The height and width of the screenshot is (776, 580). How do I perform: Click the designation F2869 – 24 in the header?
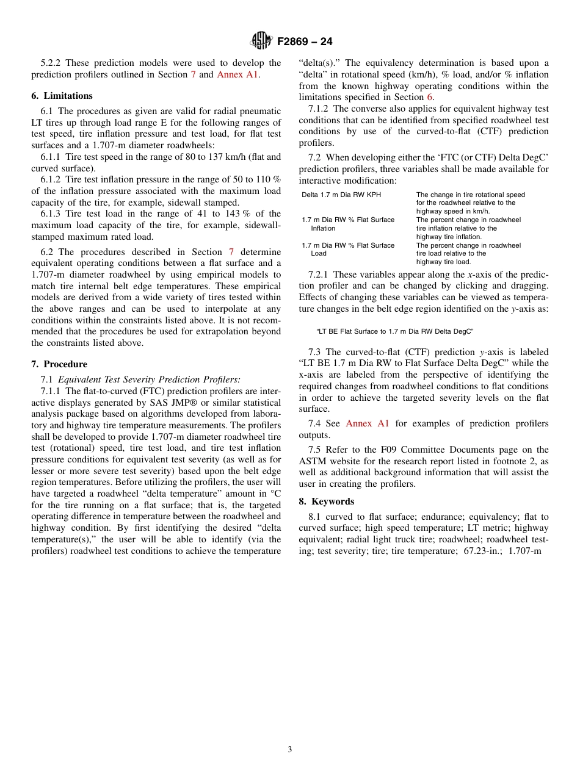tap(305, 42)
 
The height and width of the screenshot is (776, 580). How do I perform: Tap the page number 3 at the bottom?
tap(290, 749)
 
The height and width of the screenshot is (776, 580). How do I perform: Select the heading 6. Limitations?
tap(62, 96)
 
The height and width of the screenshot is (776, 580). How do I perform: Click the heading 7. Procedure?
tap(59, 364)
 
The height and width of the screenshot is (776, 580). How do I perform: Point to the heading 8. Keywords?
tap(327, 501)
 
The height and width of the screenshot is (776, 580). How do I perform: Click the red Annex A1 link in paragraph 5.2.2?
tap(237, 74)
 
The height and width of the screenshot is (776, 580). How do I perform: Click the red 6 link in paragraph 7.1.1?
tap(430, 98)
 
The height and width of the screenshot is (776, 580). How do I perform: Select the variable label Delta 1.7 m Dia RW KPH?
tap(341, 195)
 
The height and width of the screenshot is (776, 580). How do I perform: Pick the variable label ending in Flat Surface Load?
tap(348, 249)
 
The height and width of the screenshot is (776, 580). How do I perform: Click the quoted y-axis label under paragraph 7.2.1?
tap(394, 331)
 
